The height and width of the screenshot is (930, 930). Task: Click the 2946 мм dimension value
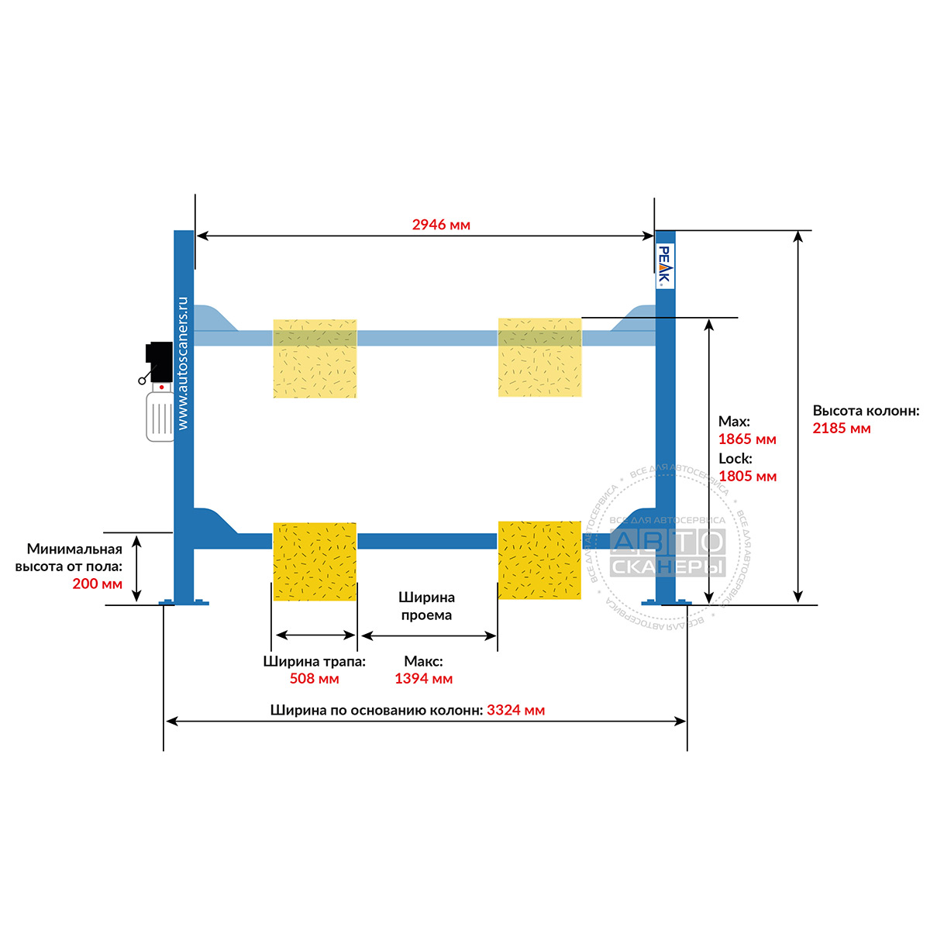441,225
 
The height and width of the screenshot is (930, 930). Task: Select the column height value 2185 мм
841,428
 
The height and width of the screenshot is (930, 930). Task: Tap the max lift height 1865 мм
747,439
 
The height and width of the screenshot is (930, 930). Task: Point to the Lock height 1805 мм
747,477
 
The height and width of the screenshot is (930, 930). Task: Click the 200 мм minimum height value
97,584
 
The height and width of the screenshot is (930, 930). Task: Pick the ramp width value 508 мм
314,679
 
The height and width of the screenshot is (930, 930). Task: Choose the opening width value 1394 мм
423,679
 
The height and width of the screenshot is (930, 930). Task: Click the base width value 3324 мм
515,710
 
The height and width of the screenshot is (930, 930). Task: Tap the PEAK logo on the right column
664,266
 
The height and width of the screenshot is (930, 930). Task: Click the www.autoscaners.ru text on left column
183,363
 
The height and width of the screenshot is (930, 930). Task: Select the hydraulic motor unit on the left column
158,391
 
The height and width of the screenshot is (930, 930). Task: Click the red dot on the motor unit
162,387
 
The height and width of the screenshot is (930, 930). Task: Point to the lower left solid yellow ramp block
315,561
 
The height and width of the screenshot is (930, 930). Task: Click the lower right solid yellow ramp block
539,560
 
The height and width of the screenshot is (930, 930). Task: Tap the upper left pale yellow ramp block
315,359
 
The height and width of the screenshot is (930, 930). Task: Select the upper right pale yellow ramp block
539,357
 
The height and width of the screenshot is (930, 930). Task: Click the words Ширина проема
426,606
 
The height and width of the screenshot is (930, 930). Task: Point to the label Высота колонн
866,411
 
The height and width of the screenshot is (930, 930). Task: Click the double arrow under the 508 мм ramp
315,635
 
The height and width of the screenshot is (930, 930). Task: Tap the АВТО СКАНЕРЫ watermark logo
667,553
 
